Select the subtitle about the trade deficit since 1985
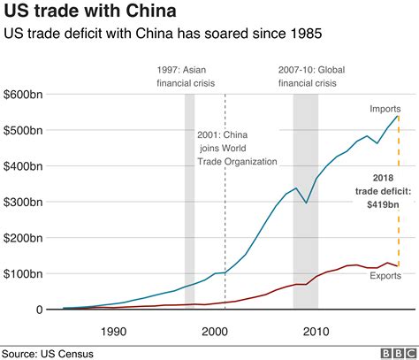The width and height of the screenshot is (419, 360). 164,34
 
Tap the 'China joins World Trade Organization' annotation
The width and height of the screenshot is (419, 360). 237,148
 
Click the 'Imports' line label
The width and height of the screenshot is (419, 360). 385,109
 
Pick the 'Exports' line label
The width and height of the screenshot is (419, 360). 385,276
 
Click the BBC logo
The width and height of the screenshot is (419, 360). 397,353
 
